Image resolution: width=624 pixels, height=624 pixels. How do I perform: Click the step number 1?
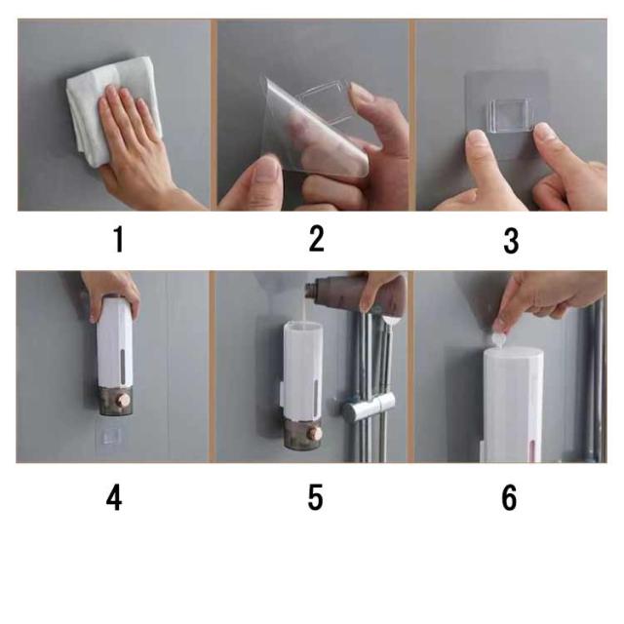(119, 239)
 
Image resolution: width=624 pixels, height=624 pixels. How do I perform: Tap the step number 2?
(316, 238)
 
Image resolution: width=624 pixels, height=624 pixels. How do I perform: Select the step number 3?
(511, 241)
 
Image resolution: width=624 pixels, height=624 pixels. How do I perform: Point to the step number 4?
(114, 497)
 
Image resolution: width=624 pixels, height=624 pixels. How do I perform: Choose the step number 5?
(315, 497)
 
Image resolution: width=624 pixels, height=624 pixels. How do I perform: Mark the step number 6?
(509, 497)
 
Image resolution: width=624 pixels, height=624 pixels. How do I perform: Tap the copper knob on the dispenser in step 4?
(122, 401)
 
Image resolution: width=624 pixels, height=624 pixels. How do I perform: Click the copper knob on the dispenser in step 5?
(316, 433)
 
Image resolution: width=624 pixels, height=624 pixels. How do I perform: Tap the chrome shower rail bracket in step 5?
(370, 407)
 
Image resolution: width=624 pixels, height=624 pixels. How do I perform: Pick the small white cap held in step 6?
(497, 340)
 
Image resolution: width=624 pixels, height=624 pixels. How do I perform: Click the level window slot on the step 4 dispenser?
(122, 367)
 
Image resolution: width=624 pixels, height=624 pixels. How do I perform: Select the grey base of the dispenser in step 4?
(115, 401)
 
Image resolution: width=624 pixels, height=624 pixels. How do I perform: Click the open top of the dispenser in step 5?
(303, 328)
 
